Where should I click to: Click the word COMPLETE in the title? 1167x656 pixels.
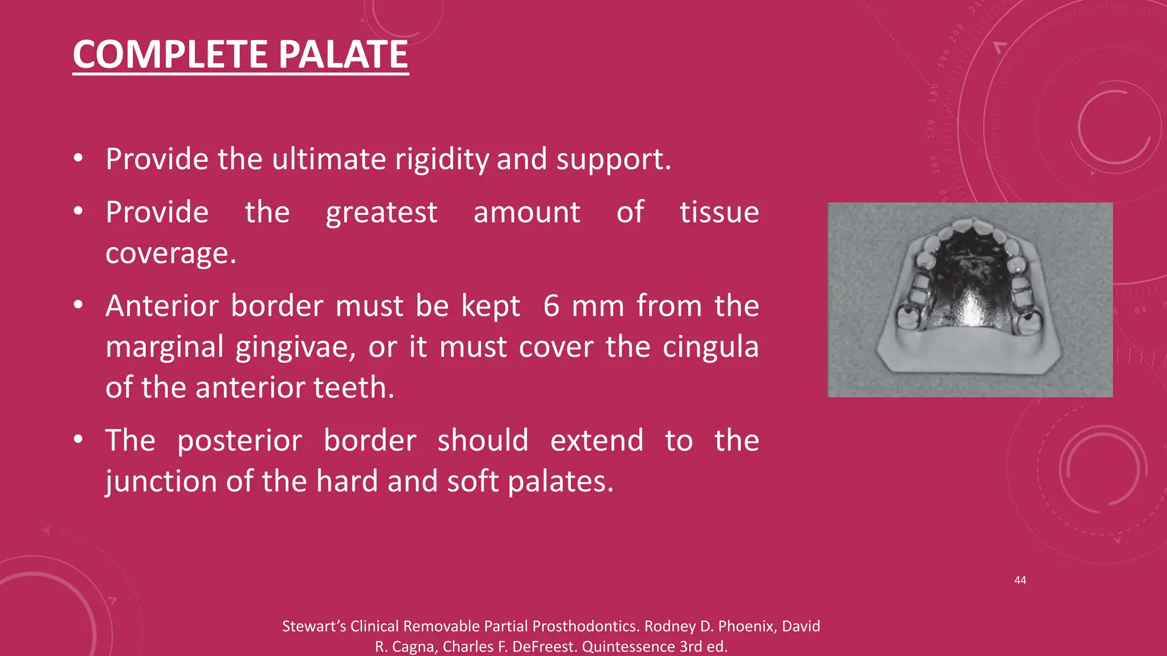point(170,55)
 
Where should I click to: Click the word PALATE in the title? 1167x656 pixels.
point(343,55)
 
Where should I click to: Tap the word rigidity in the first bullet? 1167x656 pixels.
point(442,160)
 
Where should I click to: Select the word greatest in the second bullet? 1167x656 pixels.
point(381,214)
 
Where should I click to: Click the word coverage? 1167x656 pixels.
point(170,253)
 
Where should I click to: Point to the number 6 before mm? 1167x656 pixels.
point(551,306)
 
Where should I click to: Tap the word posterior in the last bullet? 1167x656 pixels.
point(239,441)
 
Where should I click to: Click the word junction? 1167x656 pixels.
point(161,482)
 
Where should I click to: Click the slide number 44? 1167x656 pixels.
point(1020,580)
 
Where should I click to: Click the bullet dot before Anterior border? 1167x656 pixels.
point(79,306)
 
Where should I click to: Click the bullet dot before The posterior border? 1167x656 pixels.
point(79,440)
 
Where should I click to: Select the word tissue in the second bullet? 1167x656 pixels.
point(719,214)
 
